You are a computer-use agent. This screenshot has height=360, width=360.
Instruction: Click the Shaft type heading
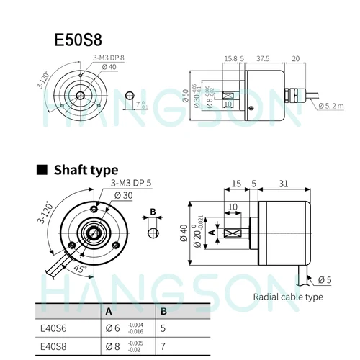[84, 170]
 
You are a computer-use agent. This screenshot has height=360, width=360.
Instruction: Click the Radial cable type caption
[287, 296]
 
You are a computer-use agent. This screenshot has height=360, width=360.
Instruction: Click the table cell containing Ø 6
[122, 328]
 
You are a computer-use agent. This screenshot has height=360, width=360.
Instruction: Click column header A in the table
[108, 312]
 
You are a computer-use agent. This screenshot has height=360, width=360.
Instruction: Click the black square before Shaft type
[42, 170]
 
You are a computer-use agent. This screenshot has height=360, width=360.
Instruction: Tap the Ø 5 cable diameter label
[323, 279]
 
